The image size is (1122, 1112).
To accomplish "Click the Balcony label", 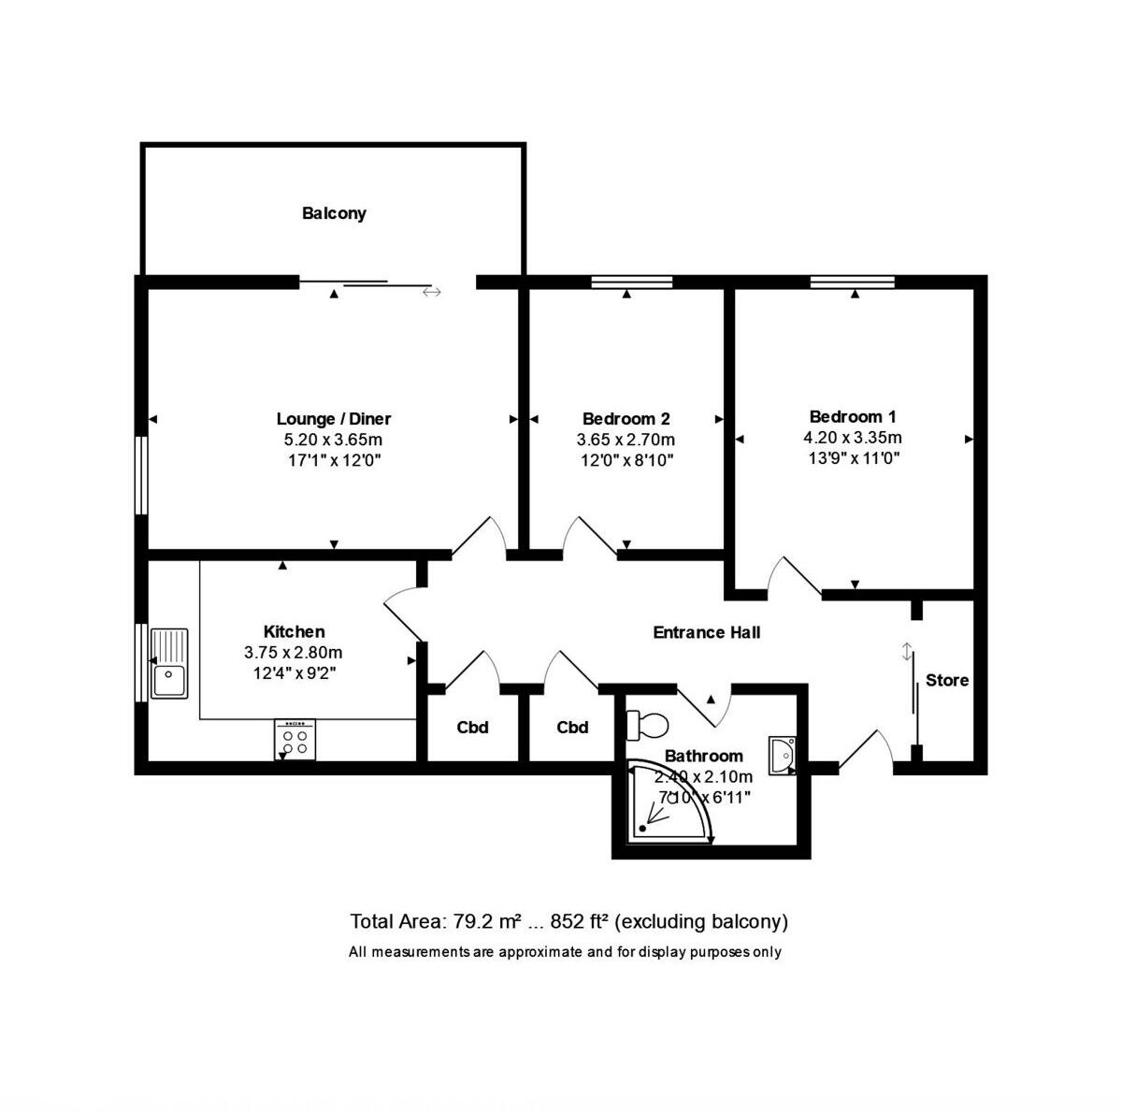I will click(x=334, y=213).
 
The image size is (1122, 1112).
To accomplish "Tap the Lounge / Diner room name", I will click(x=334, y=418).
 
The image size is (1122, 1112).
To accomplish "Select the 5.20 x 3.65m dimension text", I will click(x=334, y=440).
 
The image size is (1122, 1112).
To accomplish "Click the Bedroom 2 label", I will click(x=626, y=418).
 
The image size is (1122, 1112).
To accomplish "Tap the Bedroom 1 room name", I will click(x=852, y=416).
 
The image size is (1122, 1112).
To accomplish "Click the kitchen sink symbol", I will click(x=169, y=663).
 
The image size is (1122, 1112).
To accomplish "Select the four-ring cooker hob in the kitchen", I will click(x=295, y=740).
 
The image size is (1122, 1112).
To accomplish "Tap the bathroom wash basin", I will click(x=782, y=755).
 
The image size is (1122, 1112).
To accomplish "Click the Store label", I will click(x=947, y=680).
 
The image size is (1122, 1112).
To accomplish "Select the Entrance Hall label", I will click(x=706, y=632).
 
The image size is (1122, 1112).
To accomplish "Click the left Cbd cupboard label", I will click(x=472, y=727).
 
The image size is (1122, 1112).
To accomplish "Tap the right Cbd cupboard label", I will click(x=572, y=727).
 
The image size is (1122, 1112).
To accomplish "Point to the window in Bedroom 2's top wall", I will click(x=632, y=282).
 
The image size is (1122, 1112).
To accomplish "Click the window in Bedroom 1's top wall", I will click(x=852, y=282).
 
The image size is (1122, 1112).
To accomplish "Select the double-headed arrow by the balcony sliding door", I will click(x=431, y=292).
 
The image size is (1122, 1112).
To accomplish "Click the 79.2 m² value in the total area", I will click(x=486, y=921).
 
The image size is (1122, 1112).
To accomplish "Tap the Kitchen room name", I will click(x=294, y=631).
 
